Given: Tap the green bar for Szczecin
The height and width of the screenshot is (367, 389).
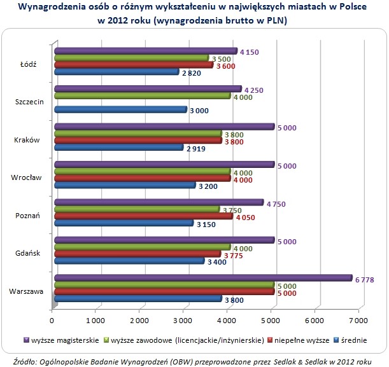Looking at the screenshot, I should click(x=143, y=95).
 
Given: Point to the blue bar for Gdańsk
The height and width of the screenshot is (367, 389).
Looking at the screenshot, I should click(x=130, y=261).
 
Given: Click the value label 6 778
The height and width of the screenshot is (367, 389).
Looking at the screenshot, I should click(x=366, y=278).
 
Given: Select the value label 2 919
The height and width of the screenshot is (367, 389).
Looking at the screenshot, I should click(x=196, y=148).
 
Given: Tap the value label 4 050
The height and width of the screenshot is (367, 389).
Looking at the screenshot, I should click(x=246, y=216).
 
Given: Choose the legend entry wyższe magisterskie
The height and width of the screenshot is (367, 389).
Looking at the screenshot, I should click(x=65, y=340).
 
